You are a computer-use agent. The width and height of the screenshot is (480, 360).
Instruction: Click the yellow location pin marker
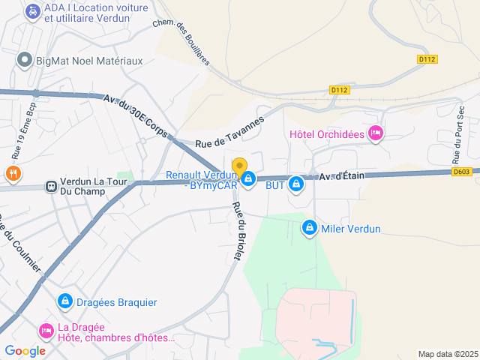click(x=239, y=167)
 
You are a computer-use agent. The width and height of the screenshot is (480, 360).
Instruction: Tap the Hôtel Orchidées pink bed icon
click(x=376, y=134)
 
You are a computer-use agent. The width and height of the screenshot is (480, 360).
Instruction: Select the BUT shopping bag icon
click(x=296, y=183)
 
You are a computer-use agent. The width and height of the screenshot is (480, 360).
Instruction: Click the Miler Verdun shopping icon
click(x=309, y=227)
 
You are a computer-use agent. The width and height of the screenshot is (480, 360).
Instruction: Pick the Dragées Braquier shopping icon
click(x=65, y=301)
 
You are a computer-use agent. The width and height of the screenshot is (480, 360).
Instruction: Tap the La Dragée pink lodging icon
click(x=46, y=330)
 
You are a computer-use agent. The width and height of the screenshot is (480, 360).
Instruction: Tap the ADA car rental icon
click(x=32, y=11)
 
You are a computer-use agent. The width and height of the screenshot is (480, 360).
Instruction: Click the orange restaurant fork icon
click(x=13, y=174)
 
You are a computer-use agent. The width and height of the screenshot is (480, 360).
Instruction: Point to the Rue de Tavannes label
click(x=229, y=133)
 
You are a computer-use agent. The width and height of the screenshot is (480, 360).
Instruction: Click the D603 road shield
click(x=463, y=172)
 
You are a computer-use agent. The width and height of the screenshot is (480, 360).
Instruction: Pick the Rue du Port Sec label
click(x=459, y=135)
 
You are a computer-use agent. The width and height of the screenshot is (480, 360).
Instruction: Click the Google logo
click(x=25, y=350)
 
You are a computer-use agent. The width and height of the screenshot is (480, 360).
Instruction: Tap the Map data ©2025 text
click(x=447, y=354)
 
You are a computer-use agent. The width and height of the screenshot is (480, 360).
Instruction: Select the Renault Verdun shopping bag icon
click(x=247, y=178)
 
